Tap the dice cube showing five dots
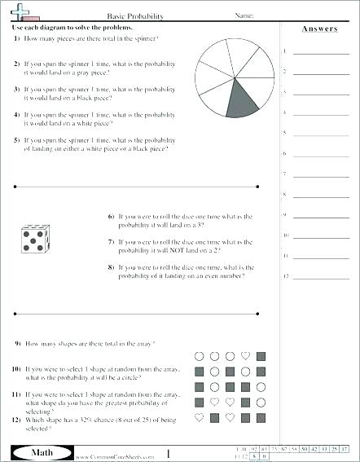(x=33, y=238)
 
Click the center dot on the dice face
(x=32, y=240)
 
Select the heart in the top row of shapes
(x=246, y=356)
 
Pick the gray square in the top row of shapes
(x=261, y=356)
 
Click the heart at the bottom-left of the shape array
(x=198, y=418)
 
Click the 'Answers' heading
(x=319, y=29)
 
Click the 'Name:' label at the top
(x=245, y=15)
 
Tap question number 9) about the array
(x=16, y=345)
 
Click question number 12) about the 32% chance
(x=16, y=420)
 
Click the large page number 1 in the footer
(x=168, y=453)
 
